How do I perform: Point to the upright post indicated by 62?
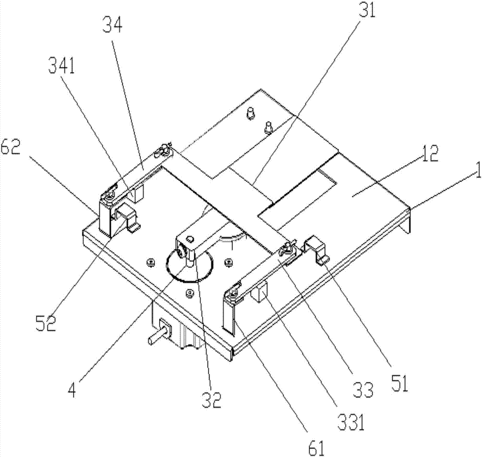click(105, 219)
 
